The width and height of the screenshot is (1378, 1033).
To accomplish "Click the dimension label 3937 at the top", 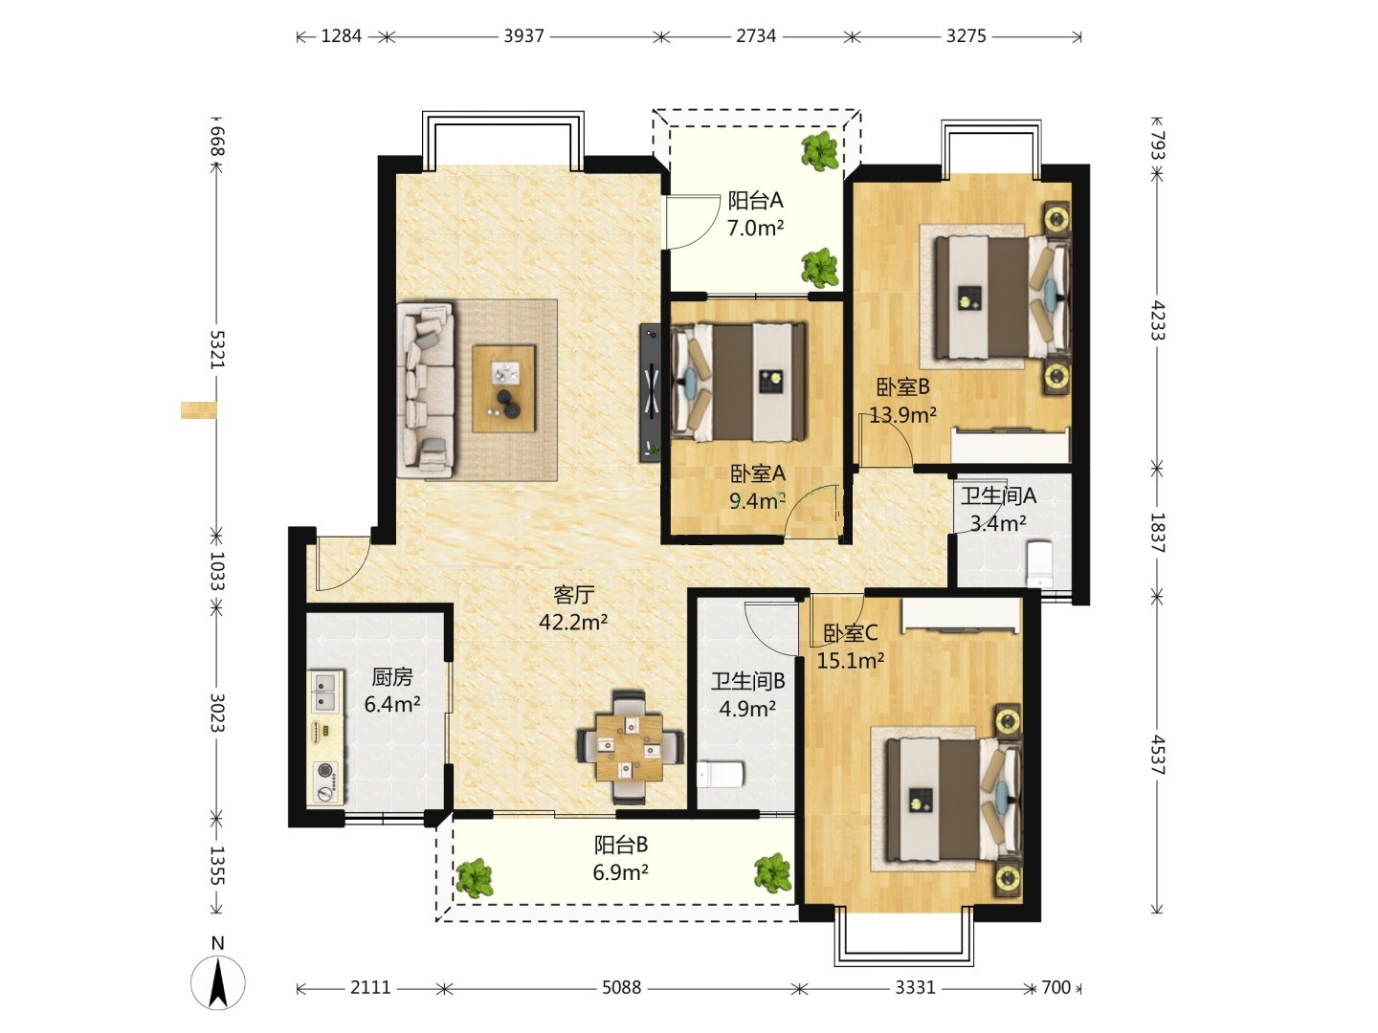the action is point(523,36).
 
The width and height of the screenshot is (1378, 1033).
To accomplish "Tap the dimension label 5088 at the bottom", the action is point(621,988).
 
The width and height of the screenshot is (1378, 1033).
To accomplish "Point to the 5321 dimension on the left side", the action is point(216,349).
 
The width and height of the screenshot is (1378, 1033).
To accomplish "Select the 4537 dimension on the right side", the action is point(1157,756).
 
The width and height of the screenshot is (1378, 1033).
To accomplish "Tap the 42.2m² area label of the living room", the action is point(573,622).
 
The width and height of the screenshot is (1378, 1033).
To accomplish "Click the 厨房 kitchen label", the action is point(392,677).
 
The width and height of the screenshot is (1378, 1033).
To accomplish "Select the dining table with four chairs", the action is point(631,747).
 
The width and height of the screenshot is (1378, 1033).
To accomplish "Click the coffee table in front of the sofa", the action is point(504,388).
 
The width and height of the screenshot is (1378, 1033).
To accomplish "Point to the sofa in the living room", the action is point(426,391).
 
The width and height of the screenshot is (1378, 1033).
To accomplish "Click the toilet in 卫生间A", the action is point(1039,562).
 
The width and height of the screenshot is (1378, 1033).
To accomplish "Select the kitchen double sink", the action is point(325,692).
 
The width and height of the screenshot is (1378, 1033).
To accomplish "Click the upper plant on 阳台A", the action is point(820,151).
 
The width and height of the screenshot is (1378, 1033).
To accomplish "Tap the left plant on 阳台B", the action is point(474,877).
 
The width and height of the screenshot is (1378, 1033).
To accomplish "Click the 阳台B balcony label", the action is point(621,845).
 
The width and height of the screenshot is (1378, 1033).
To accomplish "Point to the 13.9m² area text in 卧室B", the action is point(903,414).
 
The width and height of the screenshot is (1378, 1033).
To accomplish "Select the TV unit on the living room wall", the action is point(651,393).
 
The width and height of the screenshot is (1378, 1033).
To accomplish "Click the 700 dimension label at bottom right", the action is point(1056,988).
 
